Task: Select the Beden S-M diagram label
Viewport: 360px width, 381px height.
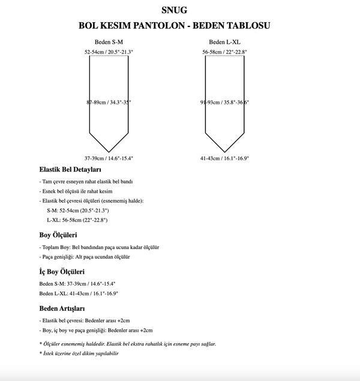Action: coord(109,42)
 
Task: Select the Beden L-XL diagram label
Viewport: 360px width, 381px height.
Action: coord(225,42)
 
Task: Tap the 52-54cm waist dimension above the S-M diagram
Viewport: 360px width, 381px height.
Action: coord(109,53)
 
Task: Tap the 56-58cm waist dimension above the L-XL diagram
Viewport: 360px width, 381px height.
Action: coord(225,53)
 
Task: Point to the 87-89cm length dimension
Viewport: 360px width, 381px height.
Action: coord(109,103)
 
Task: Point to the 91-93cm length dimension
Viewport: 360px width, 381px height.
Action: coord(225,103)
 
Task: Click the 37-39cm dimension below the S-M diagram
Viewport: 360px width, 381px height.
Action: coord(109,158)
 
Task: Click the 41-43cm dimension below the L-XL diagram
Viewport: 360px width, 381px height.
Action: coord(225,158)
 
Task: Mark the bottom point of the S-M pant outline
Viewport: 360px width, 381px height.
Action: coord(109,151)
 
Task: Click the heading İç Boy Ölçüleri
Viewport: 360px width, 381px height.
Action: coord(62,272)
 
